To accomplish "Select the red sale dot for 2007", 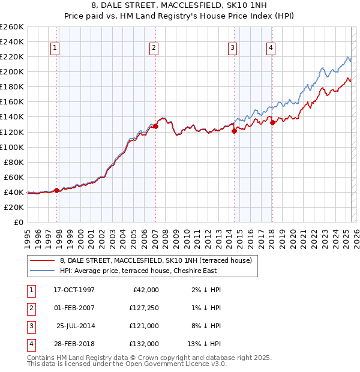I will point(155,127).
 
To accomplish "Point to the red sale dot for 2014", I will point(235,131).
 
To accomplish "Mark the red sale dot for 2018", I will point(272,122).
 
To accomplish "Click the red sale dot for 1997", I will point(57,190).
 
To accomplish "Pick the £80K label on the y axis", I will point(14,162).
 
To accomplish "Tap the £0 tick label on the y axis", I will point(17,222).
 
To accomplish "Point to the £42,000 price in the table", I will point(145,290).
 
